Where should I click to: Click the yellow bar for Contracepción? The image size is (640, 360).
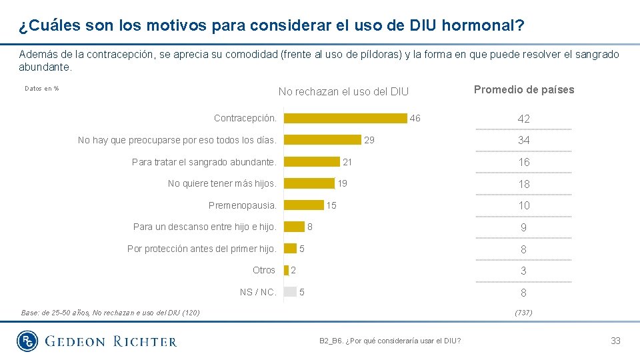[x=345, y=118]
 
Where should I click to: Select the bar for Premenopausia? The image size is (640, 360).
[x=303, y=205]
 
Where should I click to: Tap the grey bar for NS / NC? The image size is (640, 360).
[x=290, y=291]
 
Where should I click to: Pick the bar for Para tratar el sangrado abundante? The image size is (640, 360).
[x=311, y=162]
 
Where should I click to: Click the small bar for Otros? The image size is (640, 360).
[x=286, y=270]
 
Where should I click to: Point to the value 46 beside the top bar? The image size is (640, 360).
[x=415, y=118]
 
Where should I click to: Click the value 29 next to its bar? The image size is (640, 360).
[x=369, y=140]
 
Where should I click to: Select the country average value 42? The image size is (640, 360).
[x=523, y=119]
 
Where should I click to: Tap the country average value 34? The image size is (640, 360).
[x=523, y=140]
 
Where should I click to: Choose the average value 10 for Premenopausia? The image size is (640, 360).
[x=523, y=205]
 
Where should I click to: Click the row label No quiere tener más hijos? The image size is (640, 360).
[x=222, y=183]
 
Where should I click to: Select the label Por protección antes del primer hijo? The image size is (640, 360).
[x=201, y=249]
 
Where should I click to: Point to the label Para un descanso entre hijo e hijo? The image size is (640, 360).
[x=205, y=227]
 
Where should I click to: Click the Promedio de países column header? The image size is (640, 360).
[x=523, y=90]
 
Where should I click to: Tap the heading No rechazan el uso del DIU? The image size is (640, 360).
[x=343, y=91]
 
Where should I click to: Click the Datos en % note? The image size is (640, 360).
[x=41, y=88]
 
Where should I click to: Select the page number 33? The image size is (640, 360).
[x=615, y=341]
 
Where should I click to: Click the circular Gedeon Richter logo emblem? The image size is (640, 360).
[x=28, y=341]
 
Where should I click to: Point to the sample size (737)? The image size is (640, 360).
[x=523, y=312]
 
